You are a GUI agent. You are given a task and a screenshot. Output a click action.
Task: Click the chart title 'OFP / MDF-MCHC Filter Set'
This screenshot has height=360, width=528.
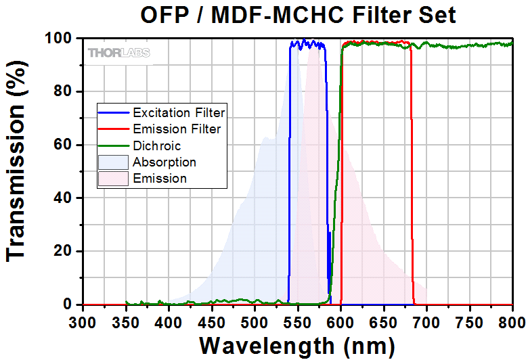point(299,14)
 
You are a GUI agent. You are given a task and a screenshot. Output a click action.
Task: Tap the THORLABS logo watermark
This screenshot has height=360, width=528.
point(119,52)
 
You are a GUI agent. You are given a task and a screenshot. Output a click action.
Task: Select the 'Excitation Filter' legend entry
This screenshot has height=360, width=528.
point(179,112)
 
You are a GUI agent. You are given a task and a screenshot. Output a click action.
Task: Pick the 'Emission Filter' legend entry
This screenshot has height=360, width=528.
point(177,128)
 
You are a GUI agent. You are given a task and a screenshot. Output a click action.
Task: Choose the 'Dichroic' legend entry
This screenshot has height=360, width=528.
point(157,145)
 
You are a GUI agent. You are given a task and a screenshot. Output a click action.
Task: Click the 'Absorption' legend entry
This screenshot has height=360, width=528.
point(164,162)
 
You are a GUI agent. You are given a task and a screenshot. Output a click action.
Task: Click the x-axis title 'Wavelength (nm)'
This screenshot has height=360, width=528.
point(297,345)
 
